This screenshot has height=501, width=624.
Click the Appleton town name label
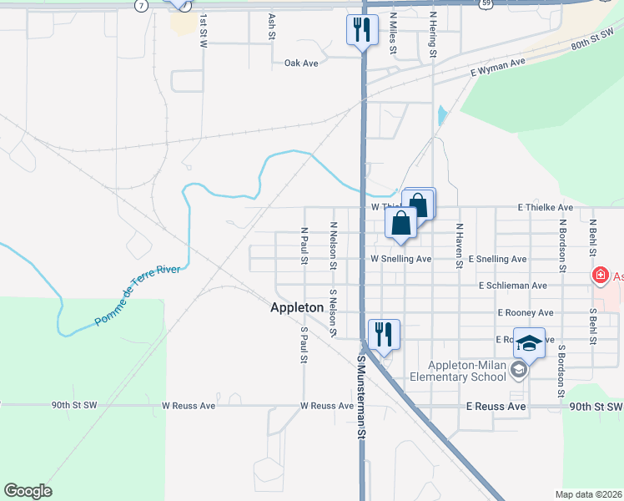coord(297,307)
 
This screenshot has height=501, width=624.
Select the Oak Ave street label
coord(301,63)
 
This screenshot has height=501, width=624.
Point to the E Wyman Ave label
coord(497,67)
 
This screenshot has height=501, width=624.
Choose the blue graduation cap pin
coord(529,342)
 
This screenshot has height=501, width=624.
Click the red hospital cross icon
coord(599,276)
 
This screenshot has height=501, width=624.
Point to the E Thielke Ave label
coord(545,207)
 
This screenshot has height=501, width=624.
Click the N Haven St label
coord(459,245)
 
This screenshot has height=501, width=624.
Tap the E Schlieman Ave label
coord(513,286)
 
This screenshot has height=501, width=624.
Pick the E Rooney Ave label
coord(525,312)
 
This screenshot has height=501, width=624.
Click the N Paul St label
coord(304,245)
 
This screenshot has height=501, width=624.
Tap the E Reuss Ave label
coord(496,407)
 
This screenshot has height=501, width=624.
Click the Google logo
coord(28,491)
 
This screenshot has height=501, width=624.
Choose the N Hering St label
coord(433,33)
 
